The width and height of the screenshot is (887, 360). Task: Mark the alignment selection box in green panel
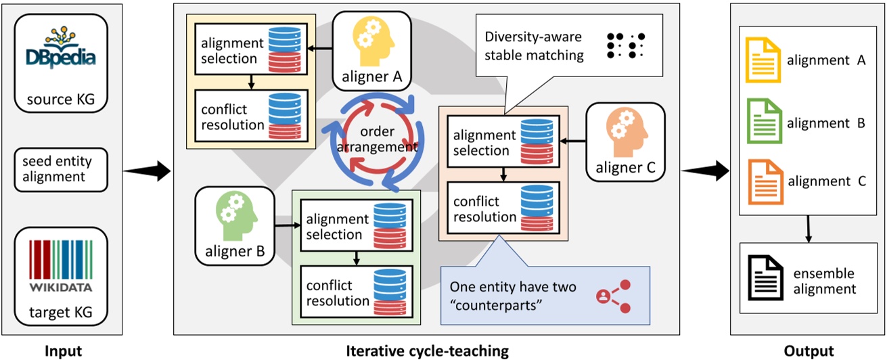tap(356, 227)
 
